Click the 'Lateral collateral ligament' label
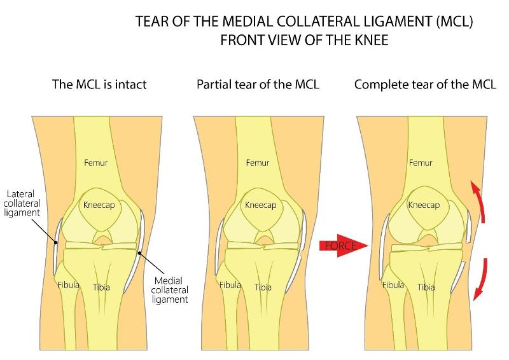click(x=24, y=203)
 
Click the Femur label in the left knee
click(x=96, y=163)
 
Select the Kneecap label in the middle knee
click(x=258, y=205)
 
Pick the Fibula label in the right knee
click(x=394, y=285)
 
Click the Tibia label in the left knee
click(x=102, y=287)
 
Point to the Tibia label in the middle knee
click(x=263, y=287)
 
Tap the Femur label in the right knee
click(x=421, y=163)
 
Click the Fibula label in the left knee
click(x=69, y=285)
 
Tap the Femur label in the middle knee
click(x=258, y=163)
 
